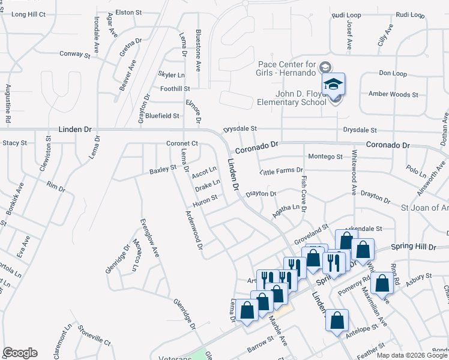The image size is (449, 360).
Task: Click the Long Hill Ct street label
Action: pos(28,14)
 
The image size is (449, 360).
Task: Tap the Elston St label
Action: pos(128,11)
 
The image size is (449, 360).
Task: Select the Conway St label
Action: pos(74,54)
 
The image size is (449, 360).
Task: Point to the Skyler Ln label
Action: pos(171,74)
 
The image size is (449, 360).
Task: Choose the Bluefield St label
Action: pos(162,115)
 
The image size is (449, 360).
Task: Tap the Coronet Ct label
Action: pos(182,144)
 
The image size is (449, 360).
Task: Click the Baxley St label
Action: pos(163,170)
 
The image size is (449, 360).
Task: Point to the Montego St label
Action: pos(325,157)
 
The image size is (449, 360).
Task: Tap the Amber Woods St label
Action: pos(393,94)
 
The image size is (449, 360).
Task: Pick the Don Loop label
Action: pos(393,73)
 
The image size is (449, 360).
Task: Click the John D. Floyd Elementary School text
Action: pos(291,98)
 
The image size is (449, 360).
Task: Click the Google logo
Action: pos(20,353)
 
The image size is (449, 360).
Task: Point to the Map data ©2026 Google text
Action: pos(412,355)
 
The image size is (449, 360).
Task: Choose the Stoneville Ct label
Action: pos(94,343)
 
